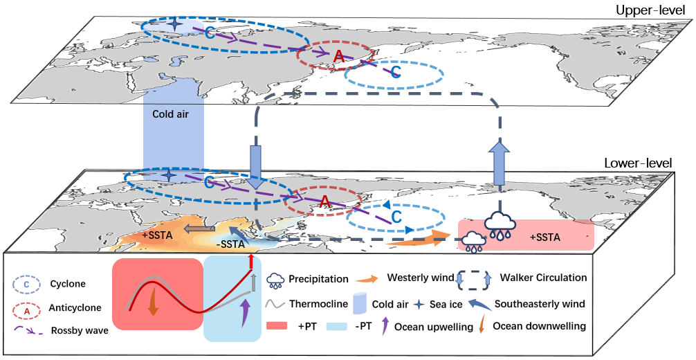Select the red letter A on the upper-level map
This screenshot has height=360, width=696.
click(338, 58)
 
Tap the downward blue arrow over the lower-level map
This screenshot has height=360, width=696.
click(255, 165)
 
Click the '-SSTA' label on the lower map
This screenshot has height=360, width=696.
click(230, 244)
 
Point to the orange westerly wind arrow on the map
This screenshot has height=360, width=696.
click(426, 240)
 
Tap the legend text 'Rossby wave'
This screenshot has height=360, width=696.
click(80, 330)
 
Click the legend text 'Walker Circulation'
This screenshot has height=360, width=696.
click(545, 278)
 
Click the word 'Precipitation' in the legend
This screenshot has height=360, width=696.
click(319, 279)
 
